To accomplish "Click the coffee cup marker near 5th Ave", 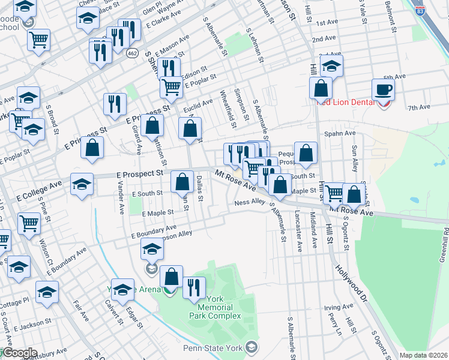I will pos(382,90).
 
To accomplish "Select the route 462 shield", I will pos(131,53).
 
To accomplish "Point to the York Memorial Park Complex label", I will pos(214,307).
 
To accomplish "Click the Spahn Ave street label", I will pos(340,133).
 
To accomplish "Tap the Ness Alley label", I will pos(250,203).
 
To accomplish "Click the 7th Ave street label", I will pos(419,107).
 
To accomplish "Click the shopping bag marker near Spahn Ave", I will pos(306,153).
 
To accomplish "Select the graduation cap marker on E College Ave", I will pos(82,184).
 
